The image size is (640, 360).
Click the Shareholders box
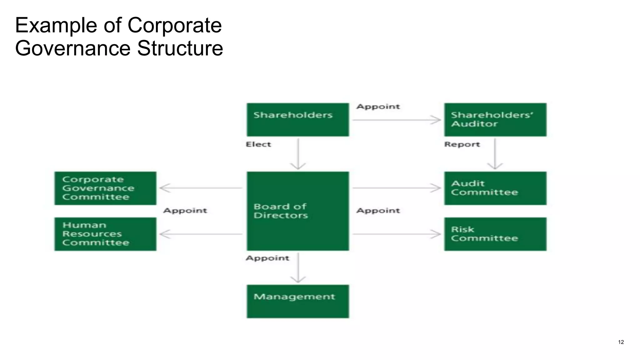tap(297, 120)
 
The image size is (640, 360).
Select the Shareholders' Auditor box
tap(495, 120)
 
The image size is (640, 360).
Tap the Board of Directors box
tap(297, 211)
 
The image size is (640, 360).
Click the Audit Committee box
tap(495, 188)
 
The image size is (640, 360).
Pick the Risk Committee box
tap(495, 234)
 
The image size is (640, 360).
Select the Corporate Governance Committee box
tap(105, 188)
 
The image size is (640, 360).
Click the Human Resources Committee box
tap(105, 234)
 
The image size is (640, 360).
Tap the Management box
tap(297, 301)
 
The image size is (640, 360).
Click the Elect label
tap(258, 144)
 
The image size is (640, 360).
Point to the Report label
tap(462, 144)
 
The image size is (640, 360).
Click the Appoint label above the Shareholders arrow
tap(378, 107)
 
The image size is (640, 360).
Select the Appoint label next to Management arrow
tap(267, 258)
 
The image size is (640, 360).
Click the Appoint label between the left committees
tap(185, 211)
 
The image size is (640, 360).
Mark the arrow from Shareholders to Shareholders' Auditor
tap(396, 120)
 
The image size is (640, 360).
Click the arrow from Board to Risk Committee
tap(396, 234)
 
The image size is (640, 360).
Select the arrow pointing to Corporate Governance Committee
tap(201, 188)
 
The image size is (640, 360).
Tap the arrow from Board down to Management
tap(298, 267)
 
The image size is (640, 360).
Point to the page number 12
tap(621, 342)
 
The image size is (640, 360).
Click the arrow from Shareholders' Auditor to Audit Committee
tap(495, 154)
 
